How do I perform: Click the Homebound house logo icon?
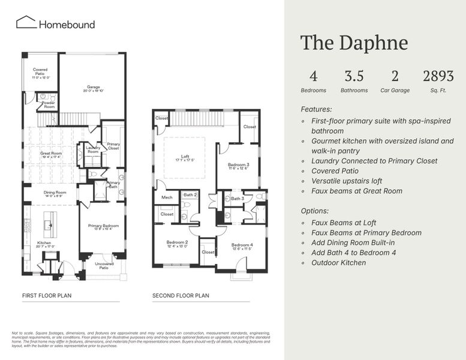point(26,23)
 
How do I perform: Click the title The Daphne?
point(353,43)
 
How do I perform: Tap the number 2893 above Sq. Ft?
point(438,76)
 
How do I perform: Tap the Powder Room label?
point(49,105)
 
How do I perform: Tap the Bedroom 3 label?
point(237,166)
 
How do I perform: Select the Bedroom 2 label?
point(177,243)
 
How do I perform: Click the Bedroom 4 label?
point(242,245)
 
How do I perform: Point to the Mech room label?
point(167,197)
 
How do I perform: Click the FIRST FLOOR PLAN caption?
point(47,296)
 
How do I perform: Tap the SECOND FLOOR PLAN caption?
point(181,296)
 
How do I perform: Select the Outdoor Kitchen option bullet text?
point(338,263)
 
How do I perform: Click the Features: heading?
point(316,110)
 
